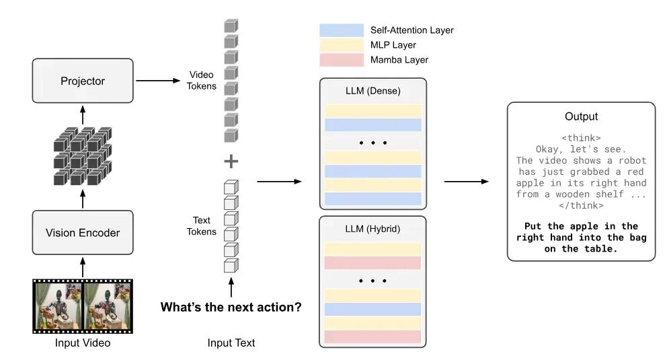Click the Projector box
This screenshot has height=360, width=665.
pos(83,81)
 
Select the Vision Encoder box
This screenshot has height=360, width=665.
pos(83,233)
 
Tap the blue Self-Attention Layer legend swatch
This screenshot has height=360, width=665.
pos(341,30)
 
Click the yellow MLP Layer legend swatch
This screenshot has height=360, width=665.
pos(341,45)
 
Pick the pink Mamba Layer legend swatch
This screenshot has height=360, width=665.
pos(341,60)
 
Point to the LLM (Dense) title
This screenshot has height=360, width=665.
pos(373,91)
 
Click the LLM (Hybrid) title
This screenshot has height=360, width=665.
pos(373,229)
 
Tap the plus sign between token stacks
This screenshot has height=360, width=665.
pos(231,161)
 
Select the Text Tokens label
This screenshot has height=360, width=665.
pos(202,226)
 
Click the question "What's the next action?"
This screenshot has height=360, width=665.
pos(231,308)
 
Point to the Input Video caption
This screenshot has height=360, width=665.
pos(83,343)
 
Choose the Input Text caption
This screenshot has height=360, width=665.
pos(231,343)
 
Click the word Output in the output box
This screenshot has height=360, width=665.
pos(581,116)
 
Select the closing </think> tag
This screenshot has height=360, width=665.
pos(581,206)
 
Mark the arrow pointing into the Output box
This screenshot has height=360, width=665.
pos(466,182)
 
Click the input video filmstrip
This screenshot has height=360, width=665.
pos(83,306)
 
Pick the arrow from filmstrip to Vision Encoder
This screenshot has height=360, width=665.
pos(83,268)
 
